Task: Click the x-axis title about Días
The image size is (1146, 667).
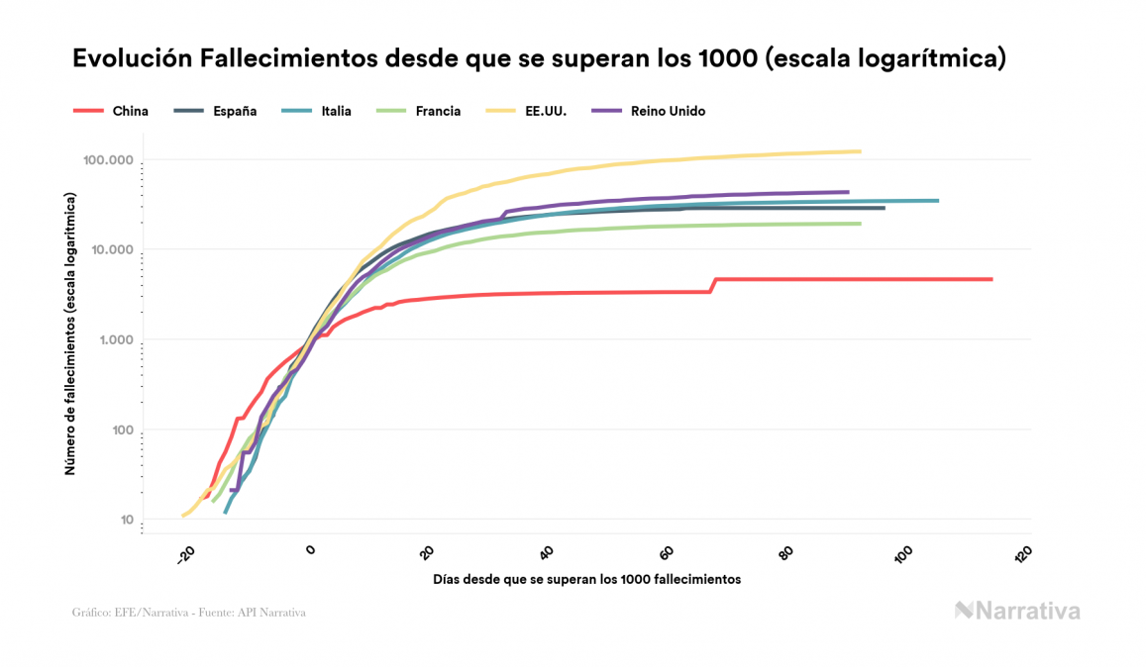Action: coord(586,579)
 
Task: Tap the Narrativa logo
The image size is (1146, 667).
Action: coord(1017,611)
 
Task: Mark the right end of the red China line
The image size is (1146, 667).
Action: coord(990,279)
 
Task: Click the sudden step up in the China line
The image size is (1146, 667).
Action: coord(712,285)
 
